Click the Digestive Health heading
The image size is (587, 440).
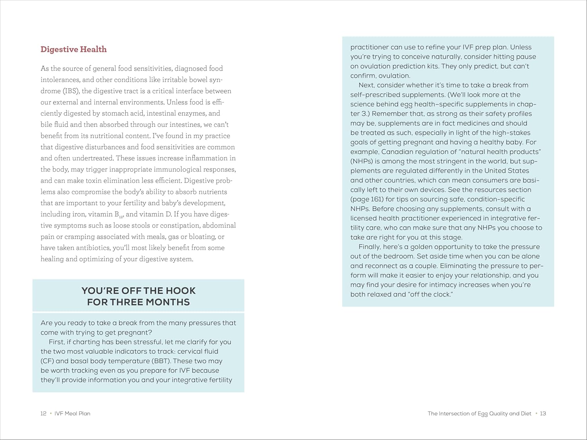click(x=74, y=49)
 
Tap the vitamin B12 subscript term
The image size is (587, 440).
click(x=119, y=215)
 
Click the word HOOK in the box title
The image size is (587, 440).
click(x=180, y=291)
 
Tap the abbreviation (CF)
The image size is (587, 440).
click(x=47, y=361)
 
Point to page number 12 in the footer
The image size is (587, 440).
click(x=43, y=413)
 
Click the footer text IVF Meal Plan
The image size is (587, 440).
click(x=72, y=413)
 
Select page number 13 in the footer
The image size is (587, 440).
click(x=543, y=413)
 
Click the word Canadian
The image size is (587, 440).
click(x=399, y=152)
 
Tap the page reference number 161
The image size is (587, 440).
click(x=376, y=199)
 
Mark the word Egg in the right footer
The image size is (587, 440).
click(x=483, y=413)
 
